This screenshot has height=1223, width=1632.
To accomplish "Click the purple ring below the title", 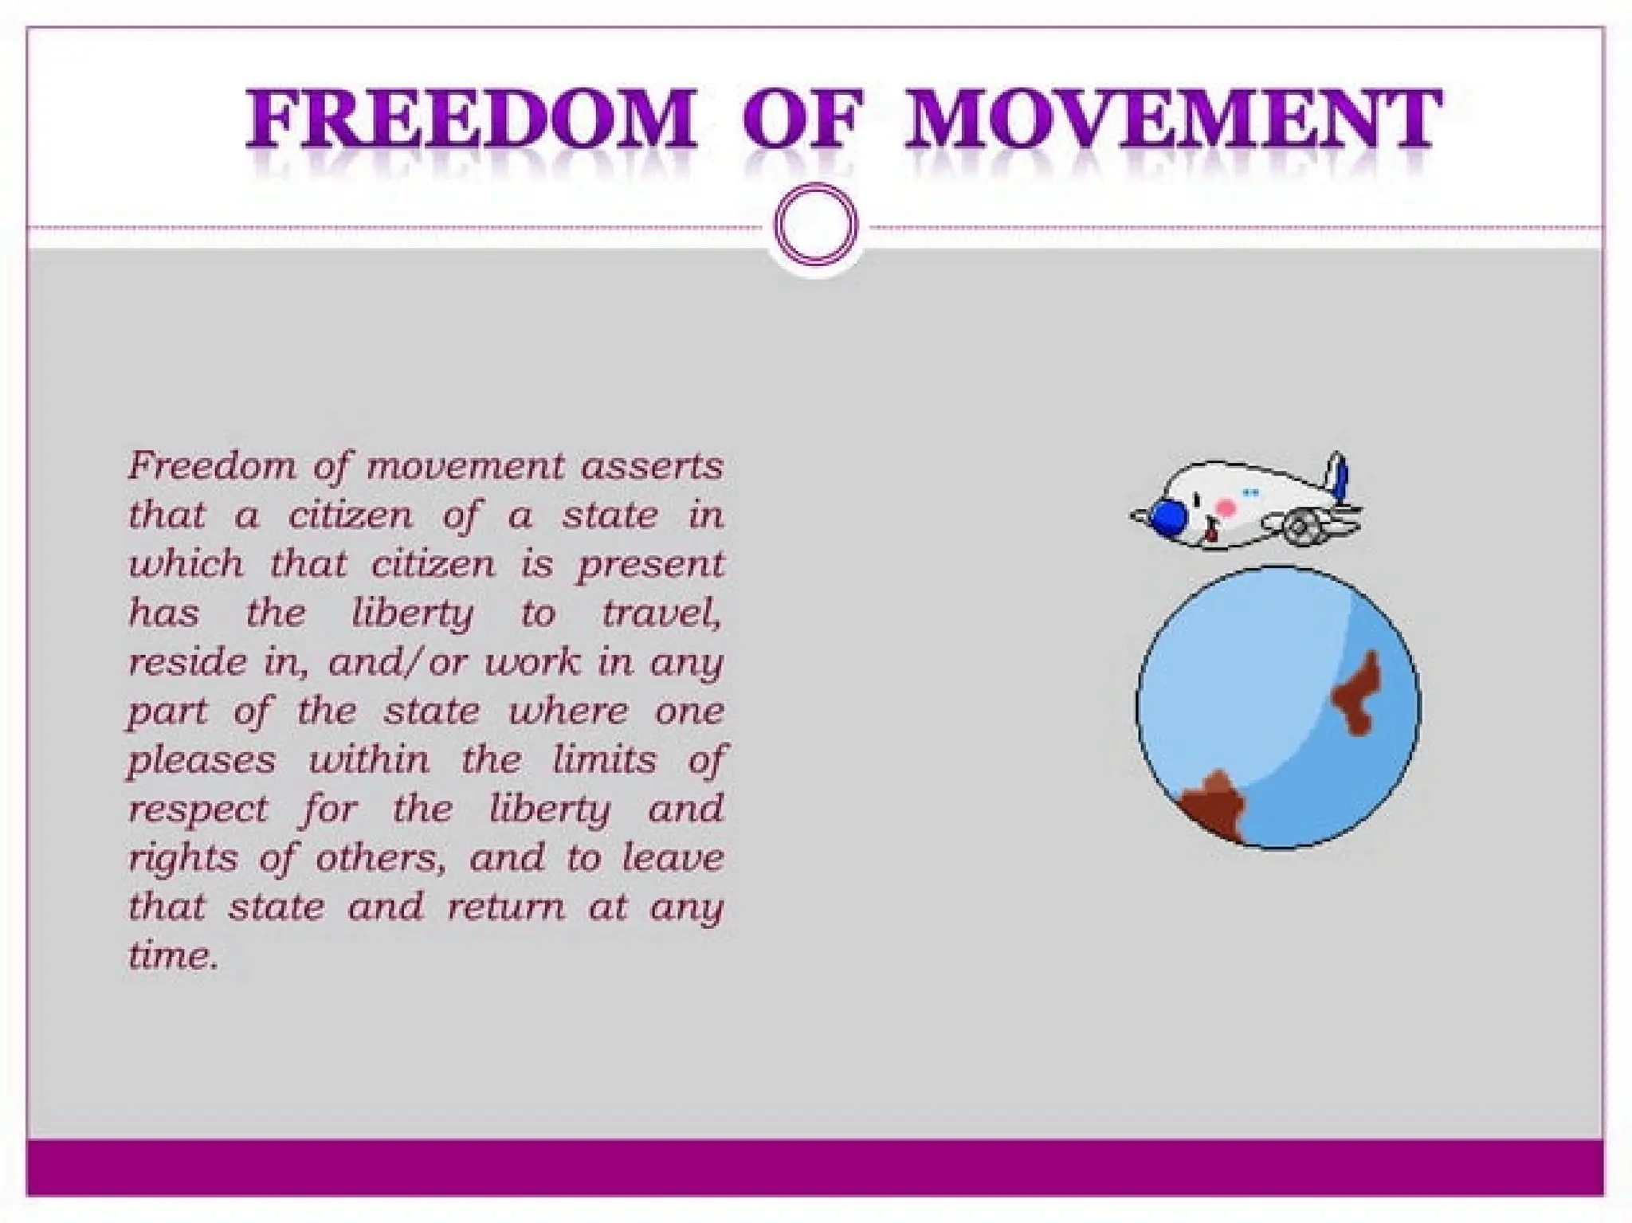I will tap(816, 224).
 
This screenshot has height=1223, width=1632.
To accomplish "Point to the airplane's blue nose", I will tap(1167, 518).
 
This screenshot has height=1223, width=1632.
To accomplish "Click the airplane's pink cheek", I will tap(1226, 508).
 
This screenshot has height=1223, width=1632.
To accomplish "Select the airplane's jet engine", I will tap(1302, 527).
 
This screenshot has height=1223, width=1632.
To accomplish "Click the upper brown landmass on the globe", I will tap(1359, 692).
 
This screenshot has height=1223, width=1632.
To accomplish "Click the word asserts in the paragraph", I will tap(651, 466).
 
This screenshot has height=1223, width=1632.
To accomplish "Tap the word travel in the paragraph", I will tap(661, 613).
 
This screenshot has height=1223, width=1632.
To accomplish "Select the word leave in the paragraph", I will tap(673, 858).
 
